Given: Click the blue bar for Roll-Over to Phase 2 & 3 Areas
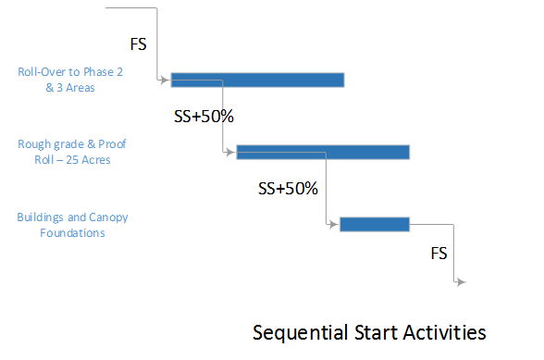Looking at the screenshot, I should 257,80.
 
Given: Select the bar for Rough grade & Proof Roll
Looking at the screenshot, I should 323,152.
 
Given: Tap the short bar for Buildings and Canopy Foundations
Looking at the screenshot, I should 375,224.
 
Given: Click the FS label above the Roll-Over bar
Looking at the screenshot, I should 136,43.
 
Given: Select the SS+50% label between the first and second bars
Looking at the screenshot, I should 204,118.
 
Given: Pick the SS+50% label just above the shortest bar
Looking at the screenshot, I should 288,189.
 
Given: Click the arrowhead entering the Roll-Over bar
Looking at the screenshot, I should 167,81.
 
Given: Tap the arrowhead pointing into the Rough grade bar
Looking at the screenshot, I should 232,152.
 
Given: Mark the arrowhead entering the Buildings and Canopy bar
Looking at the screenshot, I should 335,224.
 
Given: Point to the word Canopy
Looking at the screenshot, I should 109,217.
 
